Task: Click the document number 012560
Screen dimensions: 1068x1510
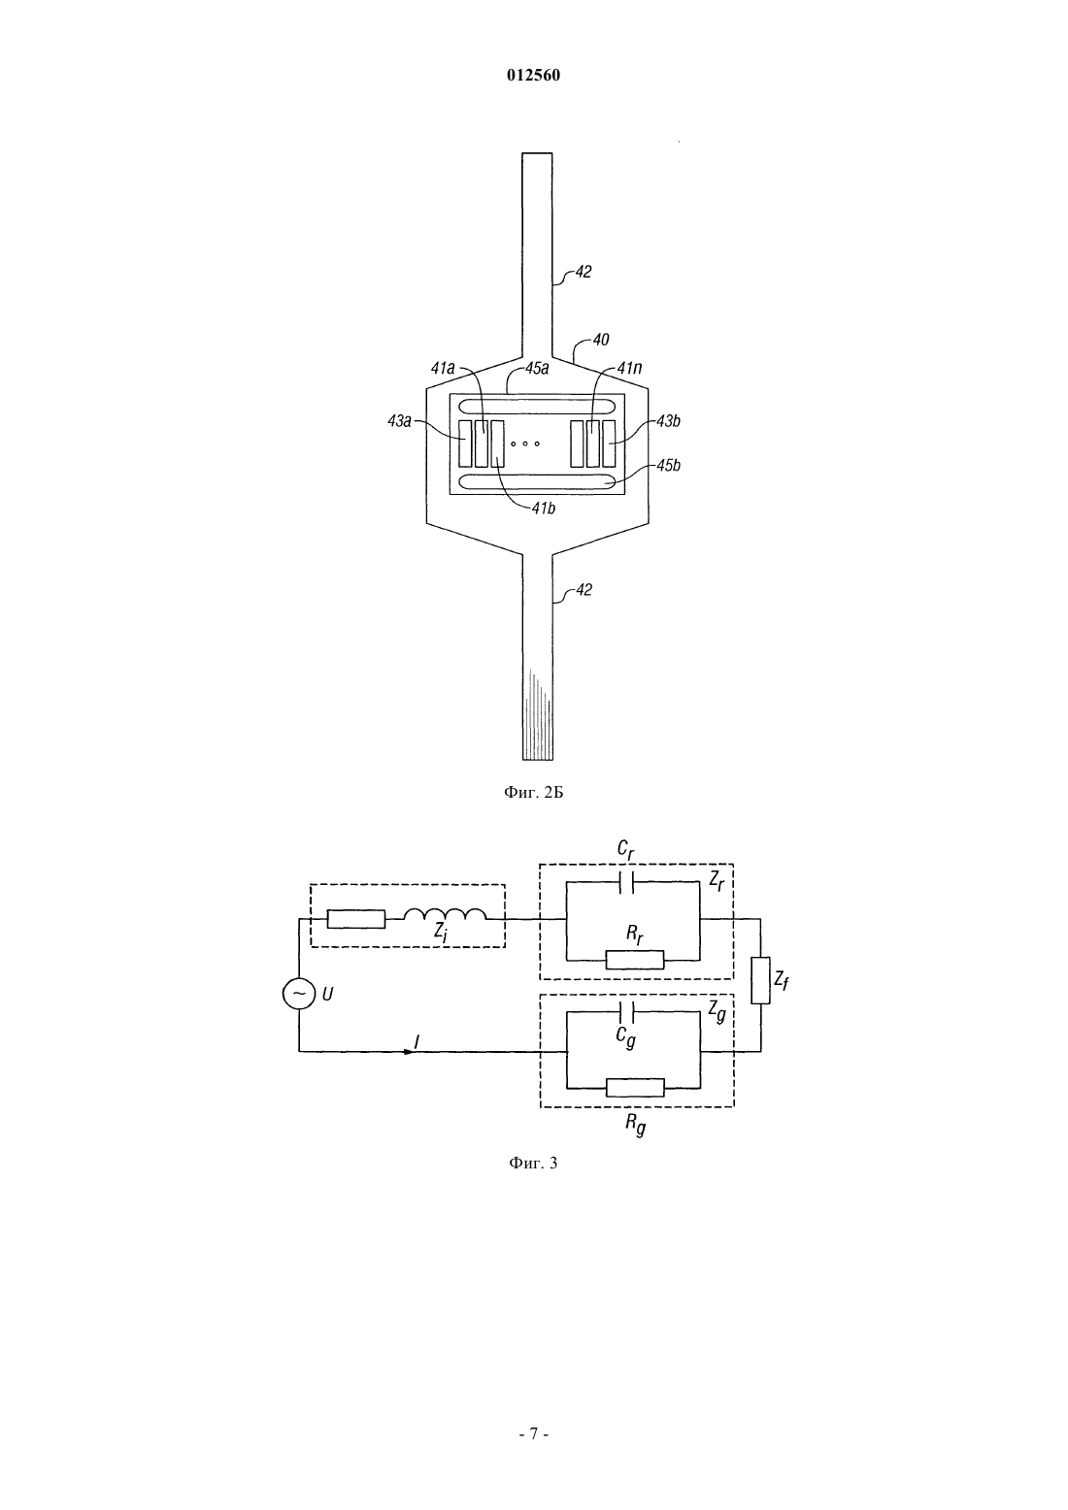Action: click(533, 76)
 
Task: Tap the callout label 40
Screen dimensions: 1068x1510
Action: click(601, 340)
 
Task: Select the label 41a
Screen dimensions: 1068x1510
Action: click(443, 368)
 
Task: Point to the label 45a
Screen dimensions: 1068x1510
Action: click(537, 368)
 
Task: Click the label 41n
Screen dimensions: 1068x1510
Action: click(630, 368)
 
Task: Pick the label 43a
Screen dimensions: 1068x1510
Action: click(399, 421)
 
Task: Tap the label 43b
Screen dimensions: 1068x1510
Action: click(668, 421)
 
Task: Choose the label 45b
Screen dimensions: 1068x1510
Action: click(668, 465)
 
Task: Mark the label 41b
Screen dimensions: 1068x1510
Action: click(543, 509)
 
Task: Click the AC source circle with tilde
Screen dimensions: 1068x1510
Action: click(299, 993)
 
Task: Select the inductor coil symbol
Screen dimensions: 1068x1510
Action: click(445, 914)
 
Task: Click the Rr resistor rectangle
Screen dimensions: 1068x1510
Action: click(634, 959)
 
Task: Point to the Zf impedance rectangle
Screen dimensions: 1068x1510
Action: click(760, 980)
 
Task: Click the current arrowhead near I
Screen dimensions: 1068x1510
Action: click(408, 1051)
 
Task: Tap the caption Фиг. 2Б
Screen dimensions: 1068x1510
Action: click(533, 793)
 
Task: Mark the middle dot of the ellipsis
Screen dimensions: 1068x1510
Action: click(525, 443)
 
